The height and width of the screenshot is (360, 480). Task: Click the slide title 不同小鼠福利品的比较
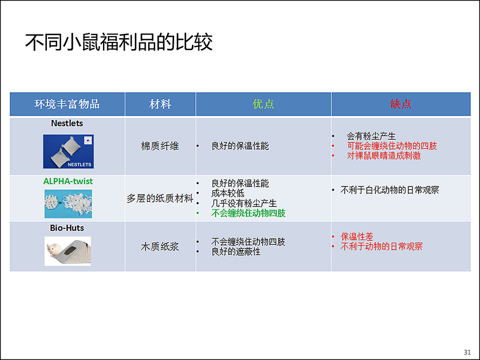(119, 42)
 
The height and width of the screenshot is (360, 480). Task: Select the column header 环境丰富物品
(67, 104)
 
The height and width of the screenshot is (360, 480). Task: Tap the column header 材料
(160, 104)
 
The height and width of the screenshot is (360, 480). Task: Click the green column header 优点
(263, 104)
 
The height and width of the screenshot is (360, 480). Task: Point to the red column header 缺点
(401, 104)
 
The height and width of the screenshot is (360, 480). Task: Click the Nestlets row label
(67, 123)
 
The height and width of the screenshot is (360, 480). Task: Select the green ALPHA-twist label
(68, 181)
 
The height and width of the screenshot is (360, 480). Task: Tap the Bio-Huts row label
(67, 228)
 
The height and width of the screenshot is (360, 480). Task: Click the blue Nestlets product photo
(68, 151)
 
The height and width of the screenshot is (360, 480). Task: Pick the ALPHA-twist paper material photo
(68, 204)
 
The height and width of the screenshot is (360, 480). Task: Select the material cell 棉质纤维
(160, 146)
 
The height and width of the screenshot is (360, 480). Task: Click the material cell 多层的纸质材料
(160, 198)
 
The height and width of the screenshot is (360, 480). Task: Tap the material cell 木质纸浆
(160, 246)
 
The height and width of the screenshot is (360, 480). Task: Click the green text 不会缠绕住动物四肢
(248, 213)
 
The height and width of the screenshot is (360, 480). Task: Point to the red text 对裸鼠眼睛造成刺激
(383, 156)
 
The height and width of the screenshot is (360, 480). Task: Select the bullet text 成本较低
(228, 193)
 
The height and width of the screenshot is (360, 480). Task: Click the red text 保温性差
(357, 237)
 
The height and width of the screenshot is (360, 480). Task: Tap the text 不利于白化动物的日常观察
(390, 190)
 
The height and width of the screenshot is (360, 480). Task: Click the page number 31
(467, 352)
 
